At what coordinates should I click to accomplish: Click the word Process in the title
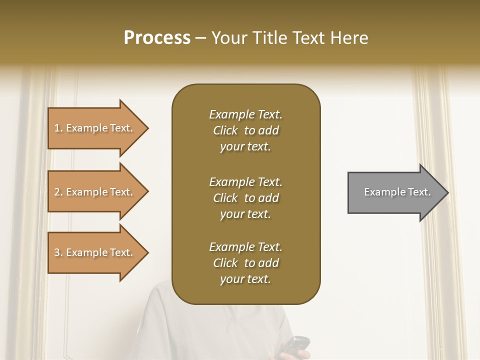point(157,38)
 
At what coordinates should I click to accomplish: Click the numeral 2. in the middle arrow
point(58,192)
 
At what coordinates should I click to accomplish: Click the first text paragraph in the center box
point(245,130)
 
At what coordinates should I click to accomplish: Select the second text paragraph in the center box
point(245,198)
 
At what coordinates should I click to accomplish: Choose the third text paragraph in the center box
point(245,263)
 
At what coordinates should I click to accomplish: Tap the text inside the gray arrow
point(397,192)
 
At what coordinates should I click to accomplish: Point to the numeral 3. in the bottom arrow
point(58,252)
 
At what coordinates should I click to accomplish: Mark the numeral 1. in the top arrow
point(58,128)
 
